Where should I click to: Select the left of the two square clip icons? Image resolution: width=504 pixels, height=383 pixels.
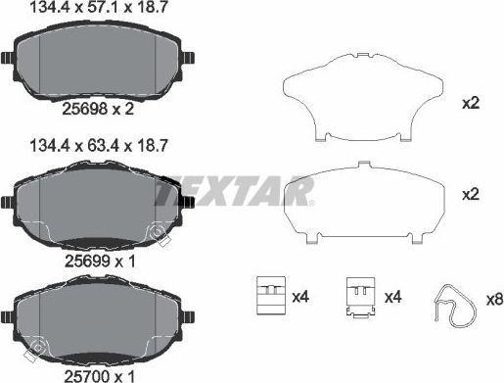(266, 294)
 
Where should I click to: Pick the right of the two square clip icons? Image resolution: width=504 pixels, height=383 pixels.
(360, 294)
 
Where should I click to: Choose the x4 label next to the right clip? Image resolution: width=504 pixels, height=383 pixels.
(394, 296)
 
